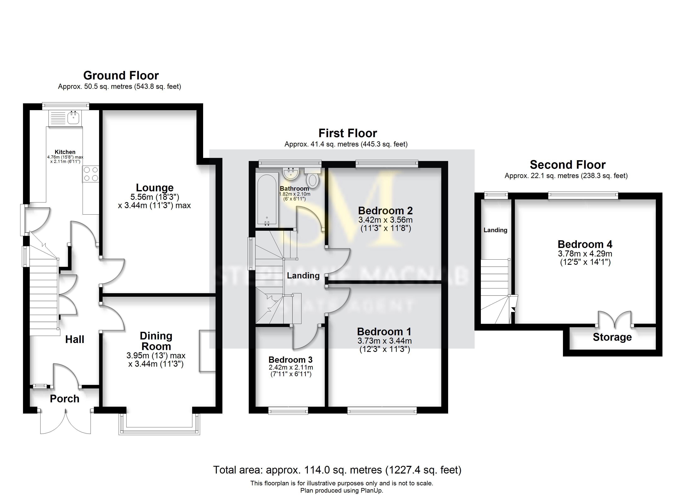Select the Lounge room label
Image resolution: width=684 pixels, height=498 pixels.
coord(154,188)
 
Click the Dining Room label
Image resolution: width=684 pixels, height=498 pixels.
coord(156,341)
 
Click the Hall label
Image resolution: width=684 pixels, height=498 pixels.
coord(74,339)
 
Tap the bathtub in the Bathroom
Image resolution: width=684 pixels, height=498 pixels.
coord(267,199)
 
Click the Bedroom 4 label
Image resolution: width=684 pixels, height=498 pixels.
coord(585,244)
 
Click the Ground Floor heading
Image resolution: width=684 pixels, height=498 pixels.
coord(121,76)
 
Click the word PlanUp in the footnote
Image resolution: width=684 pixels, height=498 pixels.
coord(371,491)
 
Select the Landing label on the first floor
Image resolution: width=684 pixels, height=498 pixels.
coord(303,275)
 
